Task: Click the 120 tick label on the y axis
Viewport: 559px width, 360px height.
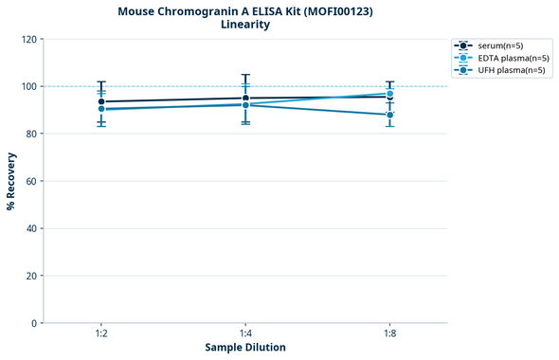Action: pos(28,39)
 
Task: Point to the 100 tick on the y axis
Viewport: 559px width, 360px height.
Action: pos(28,86)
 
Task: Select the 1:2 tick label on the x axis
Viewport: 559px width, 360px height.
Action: pos(101,334)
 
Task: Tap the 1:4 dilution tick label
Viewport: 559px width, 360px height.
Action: pos(245,334)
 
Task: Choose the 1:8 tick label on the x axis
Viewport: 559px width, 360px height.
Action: pos(390,334)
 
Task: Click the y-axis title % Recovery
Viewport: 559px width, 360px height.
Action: pos(11,181)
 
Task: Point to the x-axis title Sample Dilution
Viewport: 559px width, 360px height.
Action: pos(245,348)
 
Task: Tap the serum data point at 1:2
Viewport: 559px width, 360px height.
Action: pos(101,101)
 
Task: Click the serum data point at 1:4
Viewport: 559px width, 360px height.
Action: pos(245,99)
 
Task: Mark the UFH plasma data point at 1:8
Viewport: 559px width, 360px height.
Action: pos(390,115)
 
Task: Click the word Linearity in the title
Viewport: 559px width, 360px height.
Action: pos(245,25)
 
